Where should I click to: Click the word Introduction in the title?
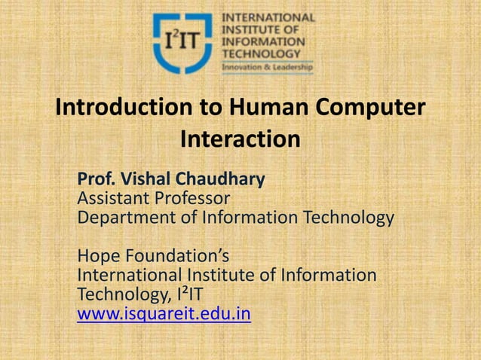point(124,108)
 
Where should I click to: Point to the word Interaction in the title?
point(240,141)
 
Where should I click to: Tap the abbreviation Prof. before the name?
point(95,180)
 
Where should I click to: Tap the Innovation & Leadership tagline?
point(266,66)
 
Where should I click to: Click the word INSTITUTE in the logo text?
point(251,29)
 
